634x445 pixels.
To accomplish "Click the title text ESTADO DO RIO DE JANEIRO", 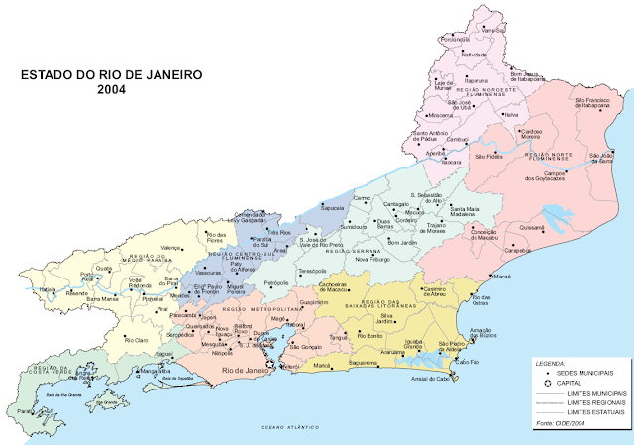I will (112, 74).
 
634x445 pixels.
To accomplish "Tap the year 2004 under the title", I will (112, 89).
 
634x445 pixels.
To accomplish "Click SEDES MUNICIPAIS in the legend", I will (586, 376).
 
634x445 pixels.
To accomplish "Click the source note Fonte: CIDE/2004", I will (560, 424).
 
